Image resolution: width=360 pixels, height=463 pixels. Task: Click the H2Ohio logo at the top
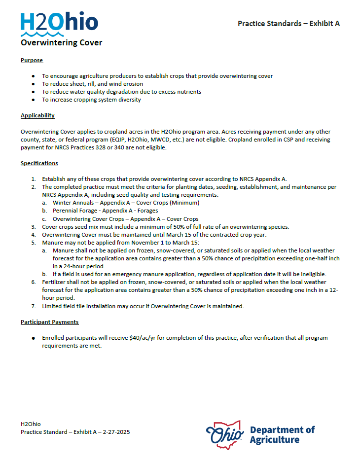coord(59,23)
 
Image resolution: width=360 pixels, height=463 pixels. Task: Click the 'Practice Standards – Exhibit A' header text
coord(288,23)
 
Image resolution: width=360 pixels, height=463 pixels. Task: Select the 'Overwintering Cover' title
coord(61,43)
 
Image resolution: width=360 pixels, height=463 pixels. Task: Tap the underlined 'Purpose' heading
coord(32,60)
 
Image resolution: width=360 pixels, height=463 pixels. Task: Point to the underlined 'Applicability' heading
coord(37,115)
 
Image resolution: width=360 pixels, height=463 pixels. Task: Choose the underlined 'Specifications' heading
coord(39,163)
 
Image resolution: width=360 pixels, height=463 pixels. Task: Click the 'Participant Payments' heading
coord(49,322)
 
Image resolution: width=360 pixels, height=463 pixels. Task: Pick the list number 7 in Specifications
coord(34,306)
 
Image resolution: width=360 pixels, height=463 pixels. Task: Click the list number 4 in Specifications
coord(34,235)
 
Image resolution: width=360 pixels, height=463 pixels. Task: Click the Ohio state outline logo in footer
coord(225,434)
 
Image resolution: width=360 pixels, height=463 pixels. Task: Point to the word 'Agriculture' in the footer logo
coord(274,440)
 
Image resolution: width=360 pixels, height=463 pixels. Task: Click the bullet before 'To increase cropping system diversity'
coord(33,100)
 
